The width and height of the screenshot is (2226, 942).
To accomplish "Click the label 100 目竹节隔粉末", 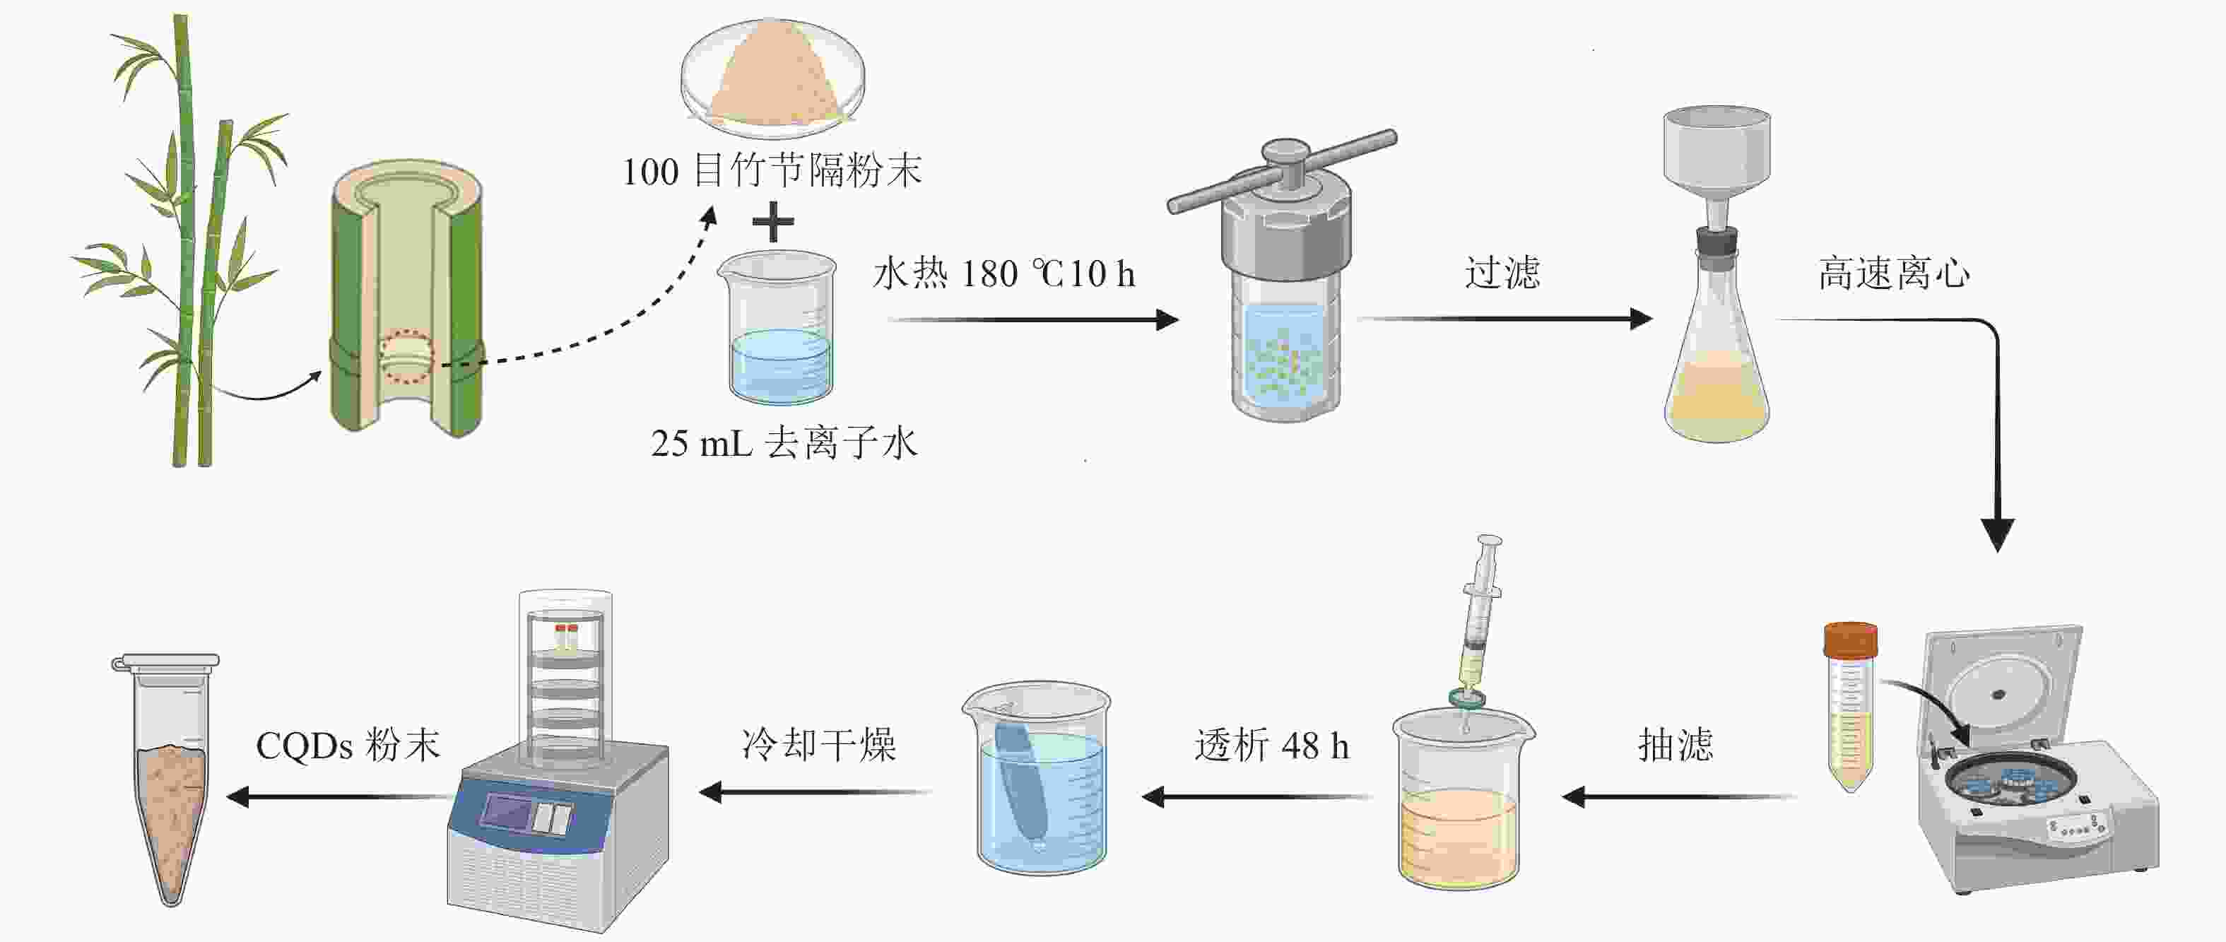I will tap(772, 170).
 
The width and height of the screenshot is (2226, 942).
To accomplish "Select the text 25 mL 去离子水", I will tap(783, 443).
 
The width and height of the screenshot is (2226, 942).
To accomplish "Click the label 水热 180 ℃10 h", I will tap(1003, 274).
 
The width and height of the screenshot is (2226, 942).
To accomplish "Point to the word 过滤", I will tap(1502, 273).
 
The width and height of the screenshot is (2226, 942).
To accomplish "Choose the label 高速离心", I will tap(1894, 273).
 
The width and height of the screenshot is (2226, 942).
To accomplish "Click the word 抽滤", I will tap(1675, 744).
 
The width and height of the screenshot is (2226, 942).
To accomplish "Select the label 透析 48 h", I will tap(1271, 745).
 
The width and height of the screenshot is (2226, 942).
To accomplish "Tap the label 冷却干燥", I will tap(818, 744).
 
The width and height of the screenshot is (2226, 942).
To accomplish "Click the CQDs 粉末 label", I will tap(348, 745).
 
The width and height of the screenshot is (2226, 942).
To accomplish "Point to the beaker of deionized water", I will tap(780, 329).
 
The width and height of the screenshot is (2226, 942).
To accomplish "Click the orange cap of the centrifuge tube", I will tap(1850, 640).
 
